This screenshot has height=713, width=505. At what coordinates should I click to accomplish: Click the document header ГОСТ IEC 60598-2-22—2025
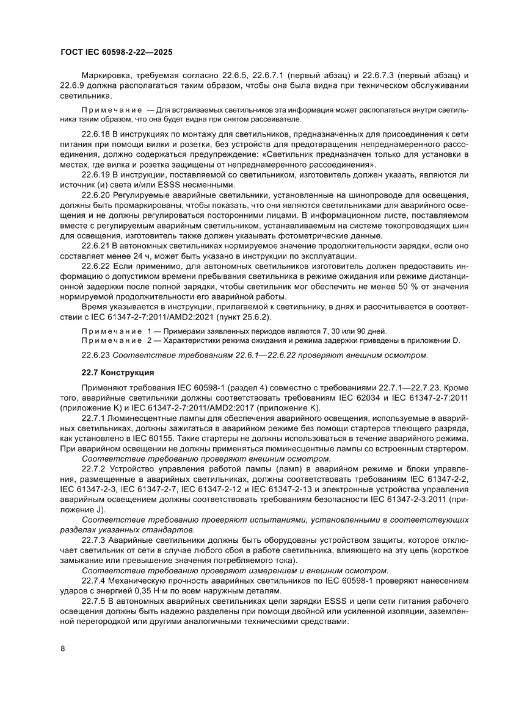point(116,53)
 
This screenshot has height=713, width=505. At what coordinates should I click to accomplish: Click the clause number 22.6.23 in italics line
point(96,355)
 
